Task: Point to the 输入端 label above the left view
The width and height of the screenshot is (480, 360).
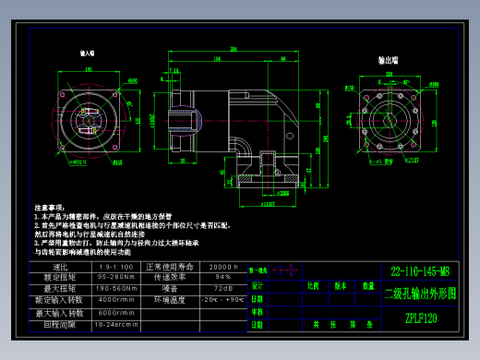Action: coord(90,55)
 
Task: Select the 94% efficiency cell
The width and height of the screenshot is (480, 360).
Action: coord(223,277)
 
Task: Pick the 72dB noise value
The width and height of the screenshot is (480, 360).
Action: coord(223,289)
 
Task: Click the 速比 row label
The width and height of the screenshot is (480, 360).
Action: coord(63,266)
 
